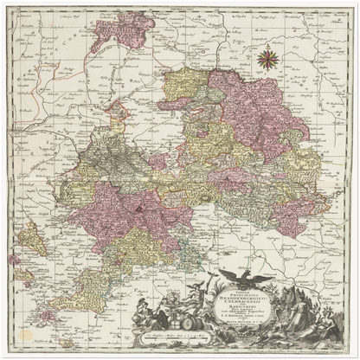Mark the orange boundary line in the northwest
(69, 95)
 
